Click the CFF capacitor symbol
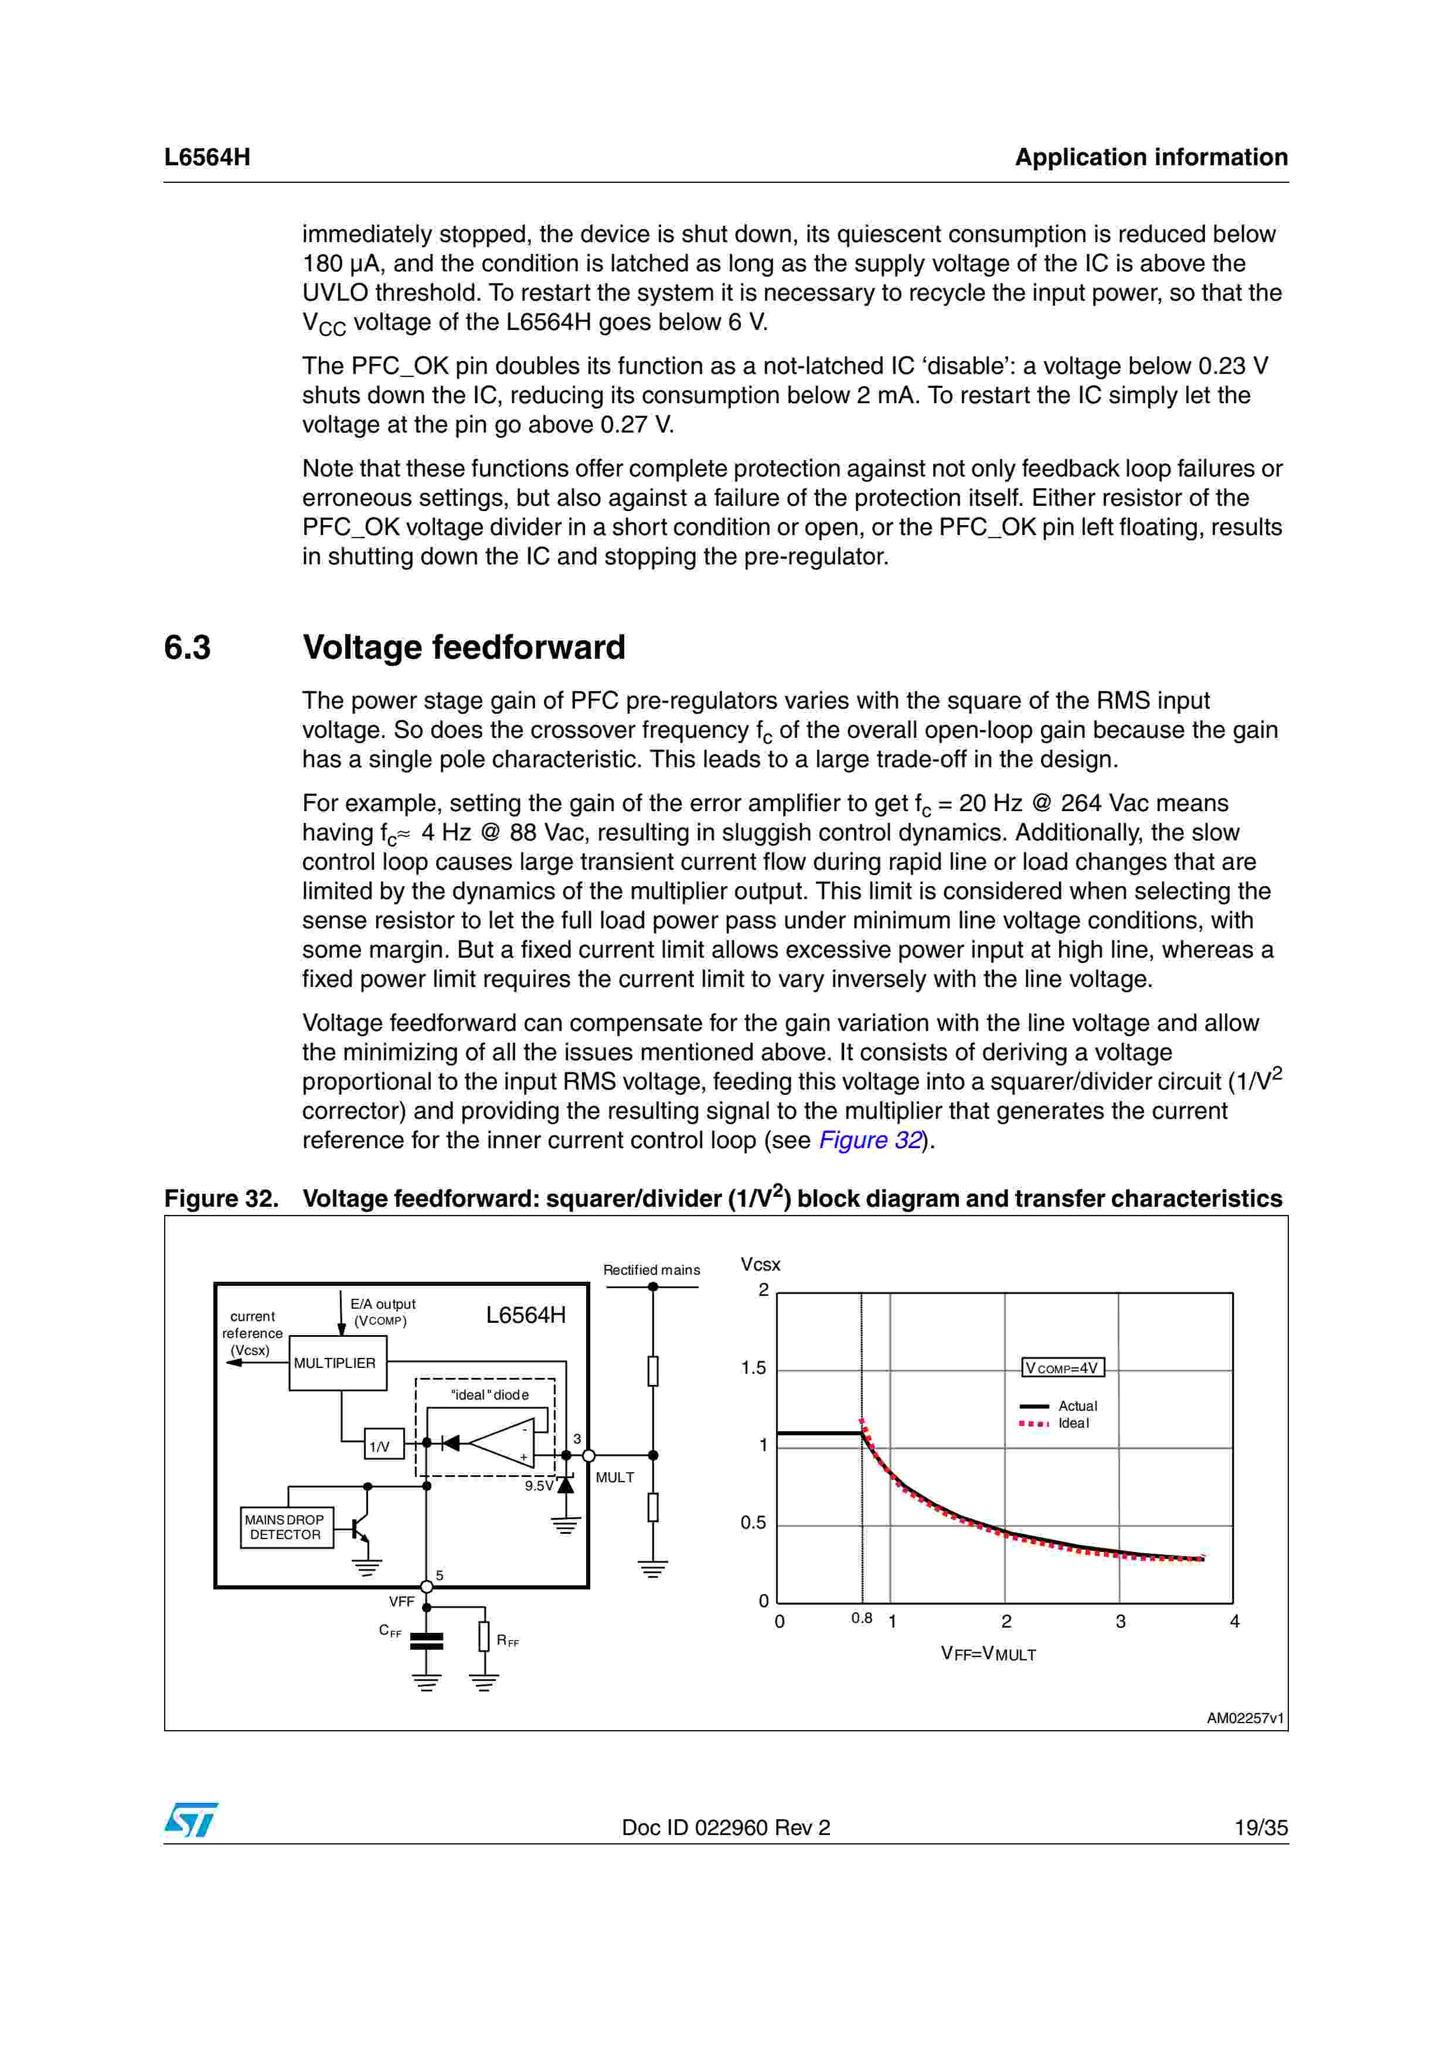[426, 1640]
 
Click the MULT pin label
[615, 1478]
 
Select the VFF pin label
[402, 1601]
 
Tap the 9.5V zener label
[539, 1486]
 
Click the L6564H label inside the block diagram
[526, 1315]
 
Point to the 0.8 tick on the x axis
[861, 1618]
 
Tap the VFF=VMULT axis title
[988, 1654]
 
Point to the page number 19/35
[1261, 1827]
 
